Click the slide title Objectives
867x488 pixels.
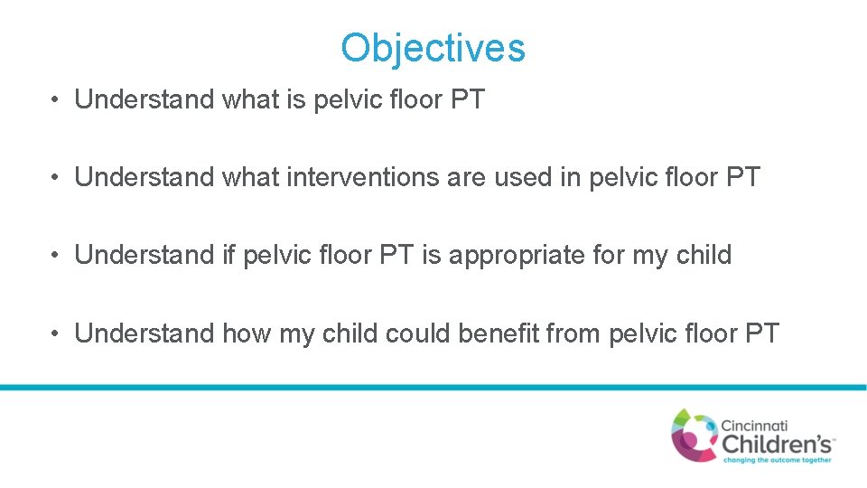[x=433, y=48]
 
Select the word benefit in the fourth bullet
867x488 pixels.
[x=499, y=333]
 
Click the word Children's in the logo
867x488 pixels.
[x=778, y=443]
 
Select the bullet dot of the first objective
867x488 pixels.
[x=56, y=100]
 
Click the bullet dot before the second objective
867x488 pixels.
[x=56, y=178]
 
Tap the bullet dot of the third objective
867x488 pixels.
[x=56, y=256]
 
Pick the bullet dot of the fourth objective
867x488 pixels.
[x=56, y=334]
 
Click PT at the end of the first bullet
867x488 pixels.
[x=467, y=99]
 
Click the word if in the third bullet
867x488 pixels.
[x=229, y=255]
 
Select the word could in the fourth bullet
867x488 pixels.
[x=418, y=333]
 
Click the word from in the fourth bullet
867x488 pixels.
[x=574, y=333]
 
